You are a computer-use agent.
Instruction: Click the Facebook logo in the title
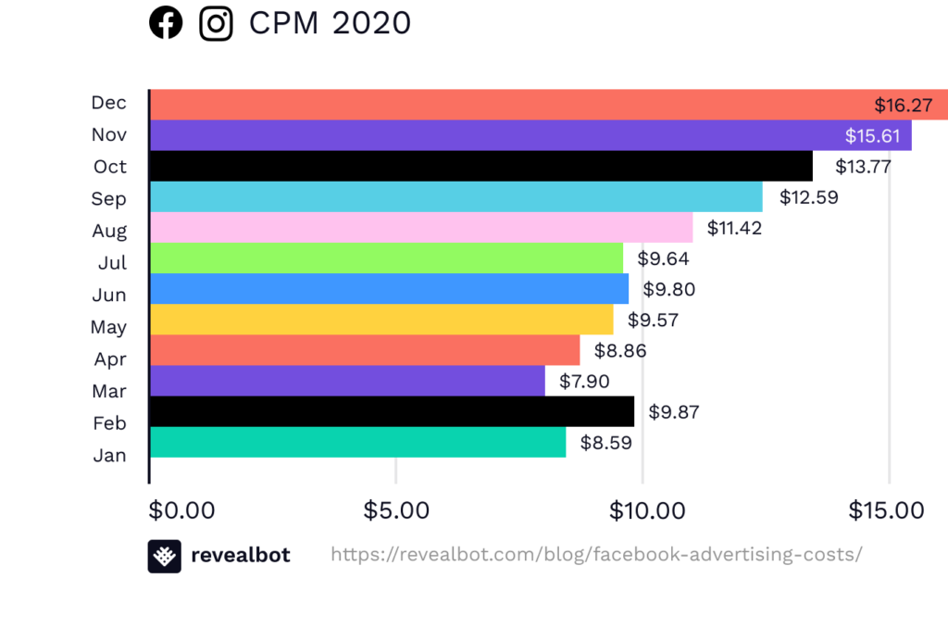tap(166, 23)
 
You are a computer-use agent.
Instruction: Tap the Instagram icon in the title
tap(216, 23)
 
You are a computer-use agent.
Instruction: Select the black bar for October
tap(480, 167)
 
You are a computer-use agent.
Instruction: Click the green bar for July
tap(386, 258)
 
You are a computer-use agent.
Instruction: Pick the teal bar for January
tap(357, 442)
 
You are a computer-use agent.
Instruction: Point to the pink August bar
tap(421, 228)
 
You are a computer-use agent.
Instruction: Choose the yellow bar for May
tap(380, 320)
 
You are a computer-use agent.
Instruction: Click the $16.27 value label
tap(903, 105)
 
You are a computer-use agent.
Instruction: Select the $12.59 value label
tap(808, 197)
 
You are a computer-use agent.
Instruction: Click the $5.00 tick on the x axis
tap(397, 510)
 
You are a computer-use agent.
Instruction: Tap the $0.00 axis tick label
tap(181, 510)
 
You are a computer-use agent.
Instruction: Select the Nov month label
tap(109, 135)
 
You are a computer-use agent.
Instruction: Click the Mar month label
tap(109, 391)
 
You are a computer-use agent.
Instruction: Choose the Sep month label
tap(109, 199)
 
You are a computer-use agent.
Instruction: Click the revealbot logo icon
tap(164, 556)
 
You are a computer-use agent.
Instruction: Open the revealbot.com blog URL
tap(596, 555)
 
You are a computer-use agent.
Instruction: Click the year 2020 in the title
tap(371, 23)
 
